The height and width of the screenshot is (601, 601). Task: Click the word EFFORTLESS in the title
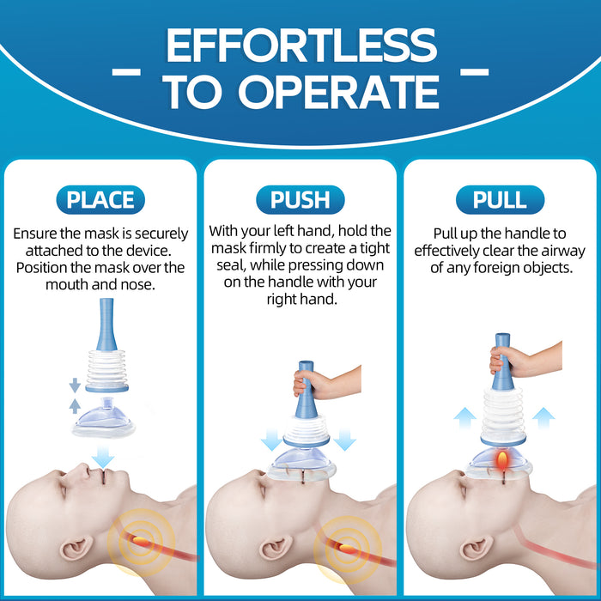tap(300, 45)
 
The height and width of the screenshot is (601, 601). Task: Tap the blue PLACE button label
tap(100, 200)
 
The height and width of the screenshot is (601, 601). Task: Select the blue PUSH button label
tap(300, 200)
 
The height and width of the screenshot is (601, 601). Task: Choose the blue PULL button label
tap(500, 200)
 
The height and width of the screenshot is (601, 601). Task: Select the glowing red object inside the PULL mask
tap(501, 464)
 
